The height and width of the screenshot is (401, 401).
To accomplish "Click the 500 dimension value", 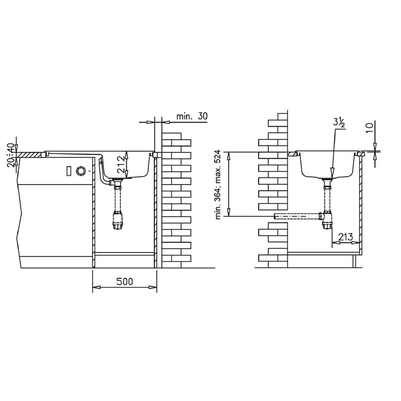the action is pos(125,281).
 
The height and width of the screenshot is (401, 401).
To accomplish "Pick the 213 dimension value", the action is pos(346,237).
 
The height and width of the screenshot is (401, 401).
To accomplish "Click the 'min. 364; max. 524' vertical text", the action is pos(219,185).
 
